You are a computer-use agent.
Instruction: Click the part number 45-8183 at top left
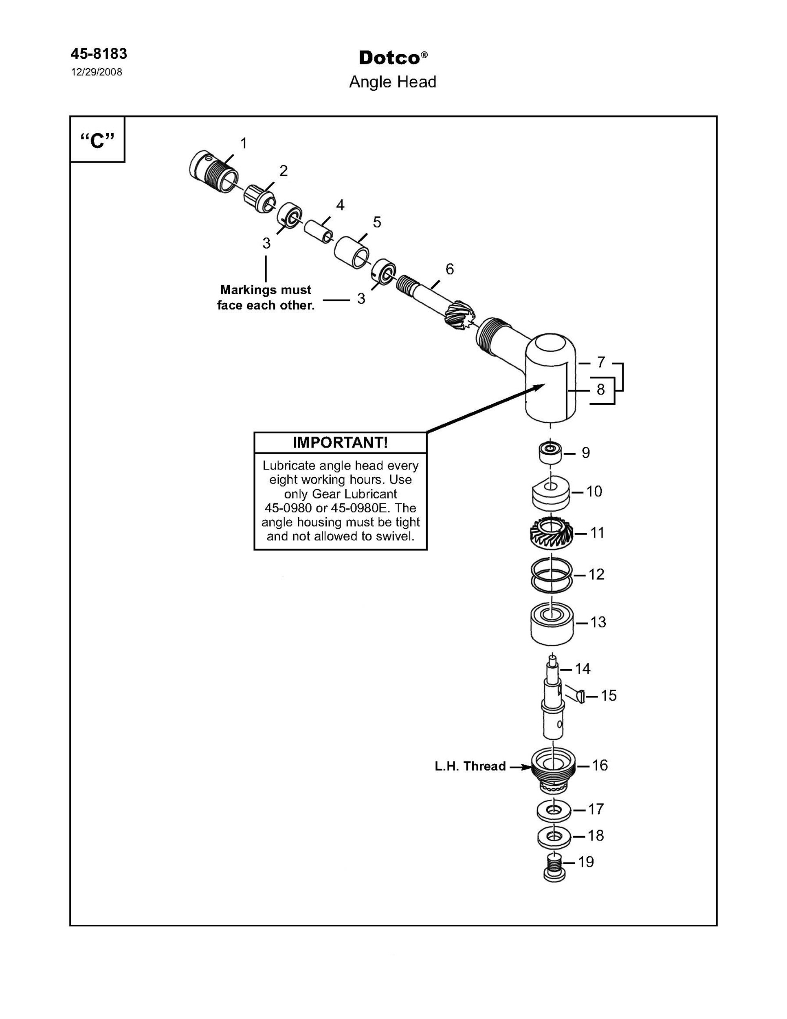click(99, 54)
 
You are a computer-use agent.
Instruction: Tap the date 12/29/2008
click(97, 72)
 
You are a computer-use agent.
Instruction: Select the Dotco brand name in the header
click(390, 58)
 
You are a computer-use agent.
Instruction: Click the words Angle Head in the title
click(393, 82)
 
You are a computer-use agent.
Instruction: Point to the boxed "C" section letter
click(97, 140)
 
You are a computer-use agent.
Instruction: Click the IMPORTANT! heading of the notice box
click(341, 442)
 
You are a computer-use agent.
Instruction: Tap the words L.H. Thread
click(470, 766)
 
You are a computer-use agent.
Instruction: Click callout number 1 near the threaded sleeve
click(243, 143)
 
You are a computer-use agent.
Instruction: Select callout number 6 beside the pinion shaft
click(449, 269)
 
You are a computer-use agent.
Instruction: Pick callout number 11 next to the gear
click(597, 532)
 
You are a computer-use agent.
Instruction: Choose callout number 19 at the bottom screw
click(586, 862)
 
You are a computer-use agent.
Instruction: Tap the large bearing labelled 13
click(552, 625)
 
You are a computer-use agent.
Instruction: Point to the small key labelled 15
click(574, 695)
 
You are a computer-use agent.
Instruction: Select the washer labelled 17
click(554, 810)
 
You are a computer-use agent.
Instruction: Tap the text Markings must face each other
click(266, 298)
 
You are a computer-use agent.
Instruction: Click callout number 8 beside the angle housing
click(600, 389)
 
